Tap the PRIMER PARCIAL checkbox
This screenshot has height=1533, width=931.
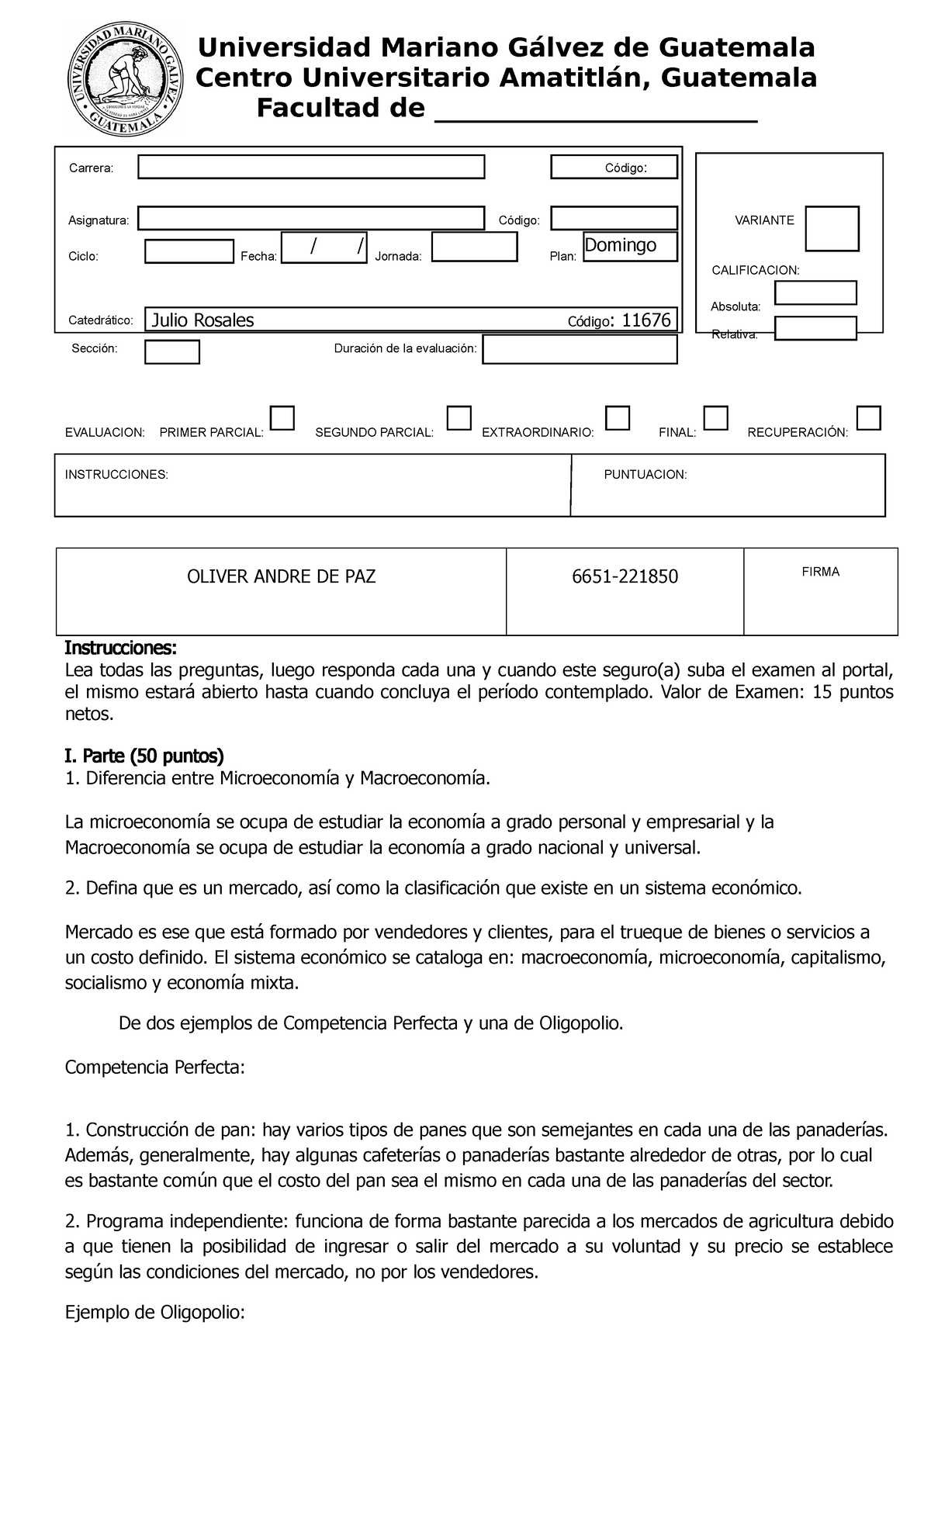pyautogui.click(x=283, y=418)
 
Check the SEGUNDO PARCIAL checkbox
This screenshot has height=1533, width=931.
pyautogui.click(x=459, y=418)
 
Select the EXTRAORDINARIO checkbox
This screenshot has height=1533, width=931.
pyautogui.click(x=618, y=418)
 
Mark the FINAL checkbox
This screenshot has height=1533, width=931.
pyautogui.click(x=716, y=418)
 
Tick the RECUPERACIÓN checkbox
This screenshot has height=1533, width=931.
pyautogui.click(x=869, y=418)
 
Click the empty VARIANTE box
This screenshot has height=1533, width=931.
pyautogui.click(x=832, y=229)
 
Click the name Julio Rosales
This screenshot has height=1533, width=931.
pyautogui.click(x=202, y=320)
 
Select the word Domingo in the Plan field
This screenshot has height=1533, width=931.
pyautogui.click(x=620, y=245)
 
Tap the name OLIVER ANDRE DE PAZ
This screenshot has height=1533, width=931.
pyautogui.click(x=282, y=576)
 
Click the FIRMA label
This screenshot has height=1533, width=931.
pyautogui.click(x=820, y=572)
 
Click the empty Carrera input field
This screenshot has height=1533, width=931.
pyautogui.click(x=311, y=168)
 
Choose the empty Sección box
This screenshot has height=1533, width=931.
pyautogui.click(x=171, y=351)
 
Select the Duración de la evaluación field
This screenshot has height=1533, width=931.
pyautogui.click(x=580, y=349)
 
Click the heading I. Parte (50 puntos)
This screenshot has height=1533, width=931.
pyautogui.click(x=144, y=755)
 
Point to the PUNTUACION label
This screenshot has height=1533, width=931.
pyautogui.click(x=645, y=474)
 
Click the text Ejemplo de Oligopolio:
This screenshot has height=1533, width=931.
pyautogui.click(x=154, y=1313)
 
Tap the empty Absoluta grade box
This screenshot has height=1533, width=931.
pyautogui.click(x=815, y=292)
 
